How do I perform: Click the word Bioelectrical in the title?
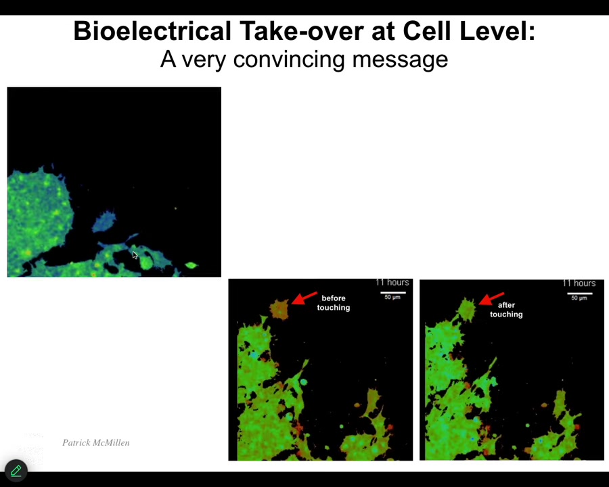153,30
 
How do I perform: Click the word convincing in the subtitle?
289,60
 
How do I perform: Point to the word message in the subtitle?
400,60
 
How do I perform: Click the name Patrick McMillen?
96,442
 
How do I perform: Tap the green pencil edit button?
16,471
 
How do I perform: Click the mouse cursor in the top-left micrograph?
135,255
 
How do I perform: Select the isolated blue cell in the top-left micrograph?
104,221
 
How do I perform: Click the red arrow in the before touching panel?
304,298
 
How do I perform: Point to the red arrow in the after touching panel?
491,299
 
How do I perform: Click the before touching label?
334,303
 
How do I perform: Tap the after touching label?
506,310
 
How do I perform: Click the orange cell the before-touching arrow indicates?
279,309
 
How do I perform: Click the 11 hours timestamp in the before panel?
392,282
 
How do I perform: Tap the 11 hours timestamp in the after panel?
579,283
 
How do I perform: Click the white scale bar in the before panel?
393,292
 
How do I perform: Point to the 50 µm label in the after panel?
579,298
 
